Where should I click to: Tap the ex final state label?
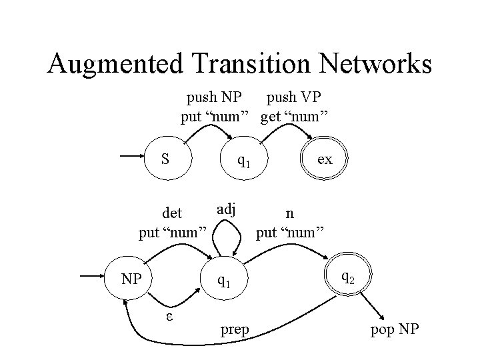point(325,159)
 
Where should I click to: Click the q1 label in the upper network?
point(243,161)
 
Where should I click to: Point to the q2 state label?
point(347,275)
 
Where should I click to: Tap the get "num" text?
point(294,117)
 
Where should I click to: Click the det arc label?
point(172,214)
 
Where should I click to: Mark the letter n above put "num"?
point(289,214)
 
